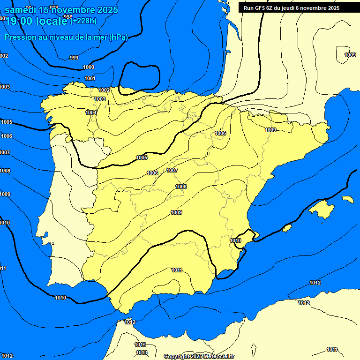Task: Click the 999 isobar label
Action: [x=74, y=58]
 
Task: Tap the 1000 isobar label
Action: [x=89, y=67]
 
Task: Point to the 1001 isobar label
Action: [x=90, y=78]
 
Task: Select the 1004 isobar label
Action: [x=91, y=112]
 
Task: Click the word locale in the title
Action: [x=52, y=21]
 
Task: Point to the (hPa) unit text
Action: [x=118, y=37]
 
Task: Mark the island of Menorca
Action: [x=347, y=199]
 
